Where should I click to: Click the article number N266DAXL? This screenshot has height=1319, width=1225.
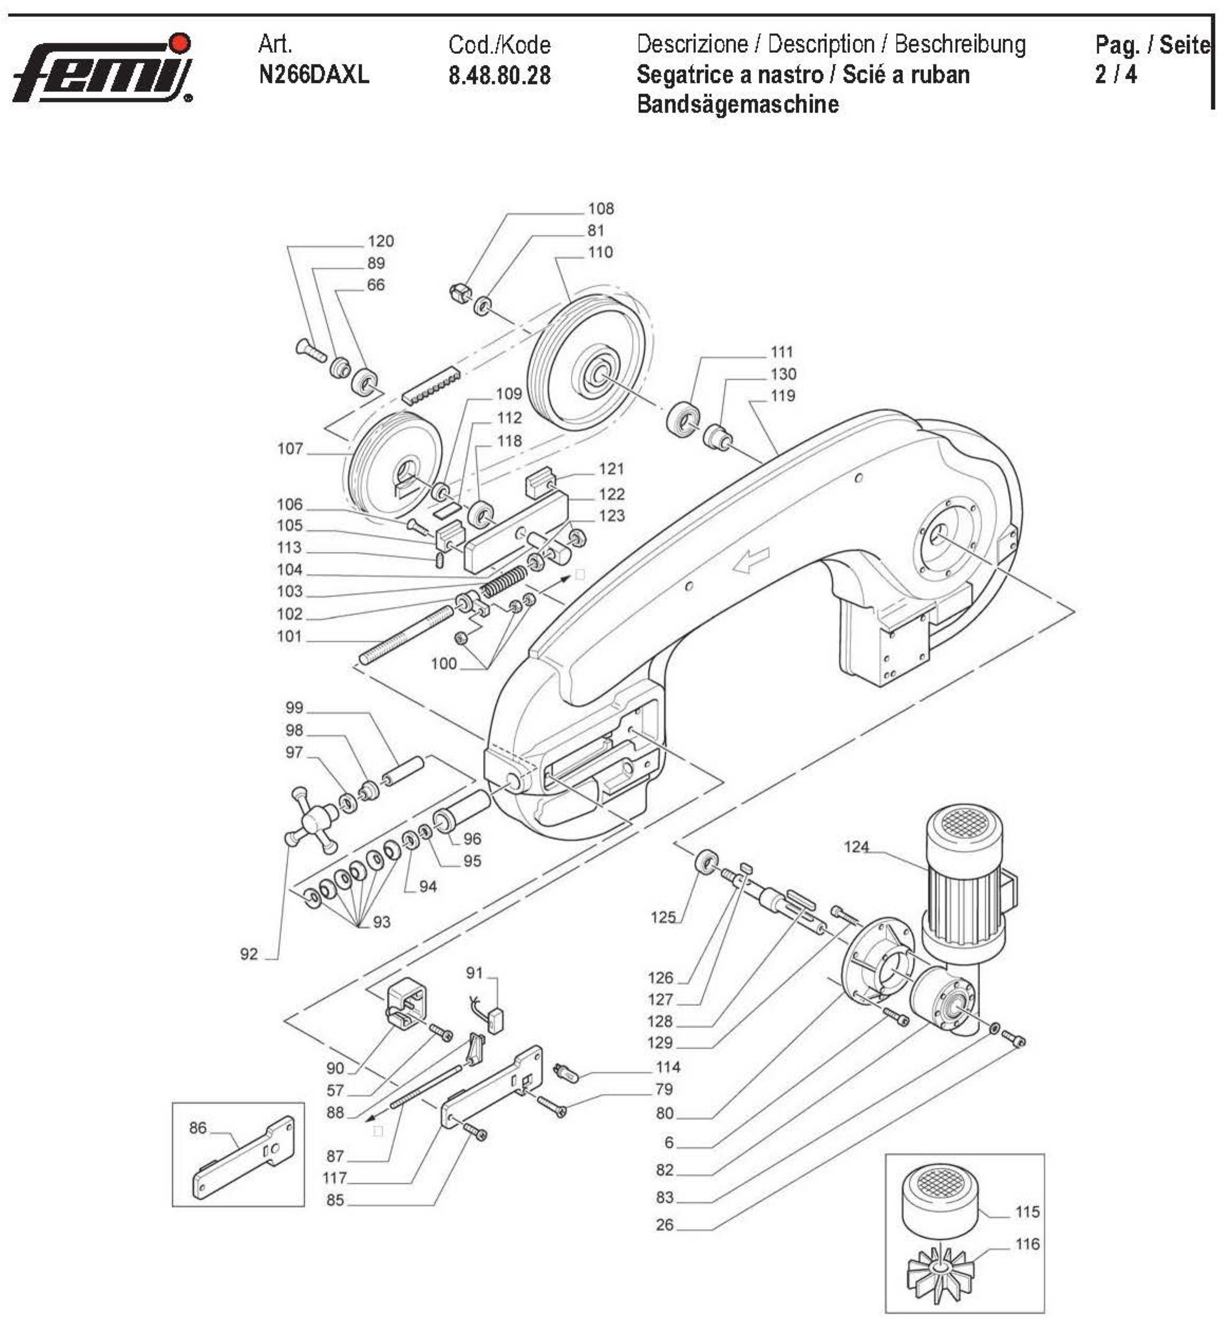click(314, 74)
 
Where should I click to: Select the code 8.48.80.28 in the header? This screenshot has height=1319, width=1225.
click(499, 76)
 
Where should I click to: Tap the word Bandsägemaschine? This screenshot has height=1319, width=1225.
click(737, 104)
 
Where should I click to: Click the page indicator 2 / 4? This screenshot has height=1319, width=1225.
click(1115, 74)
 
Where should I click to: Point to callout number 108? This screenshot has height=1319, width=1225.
click(600, 209)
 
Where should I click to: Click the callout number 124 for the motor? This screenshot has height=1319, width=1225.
click(856, 846)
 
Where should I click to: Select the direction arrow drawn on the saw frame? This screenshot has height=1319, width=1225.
click(751, 560)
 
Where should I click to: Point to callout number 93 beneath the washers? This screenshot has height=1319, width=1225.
click(381, 921)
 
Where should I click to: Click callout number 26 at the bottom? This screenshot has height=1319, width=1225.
click(665, 1225)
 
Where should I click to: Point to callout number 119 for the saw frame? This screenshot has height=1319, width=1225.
click(782, 395)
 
